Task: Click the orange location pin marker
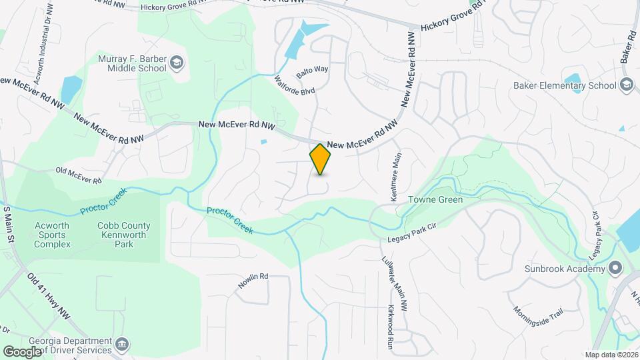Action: (x=321, y=159)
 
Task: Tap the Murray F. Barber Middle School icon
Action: (x=176, y=63)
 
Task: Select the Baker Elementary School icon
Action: (x=626, y=85)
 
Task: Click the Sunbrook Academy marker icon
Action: (x=615, y=269)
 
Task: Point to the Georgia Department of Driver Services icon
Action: (x=122, y=345)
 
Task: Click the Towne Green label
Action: (x=435, y=199)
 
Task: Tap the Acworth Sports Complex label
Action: (x=53, y=235)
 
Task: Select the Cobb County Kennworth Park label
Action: (x=124, y=235)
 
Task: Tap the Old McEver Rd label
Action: (x=79, y=176)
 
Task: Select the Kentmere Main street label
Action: (x=396, y=177)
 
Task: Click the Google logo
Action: (x=22, y=351)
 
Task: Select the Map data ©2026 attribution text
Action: (x=611, y=355)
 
